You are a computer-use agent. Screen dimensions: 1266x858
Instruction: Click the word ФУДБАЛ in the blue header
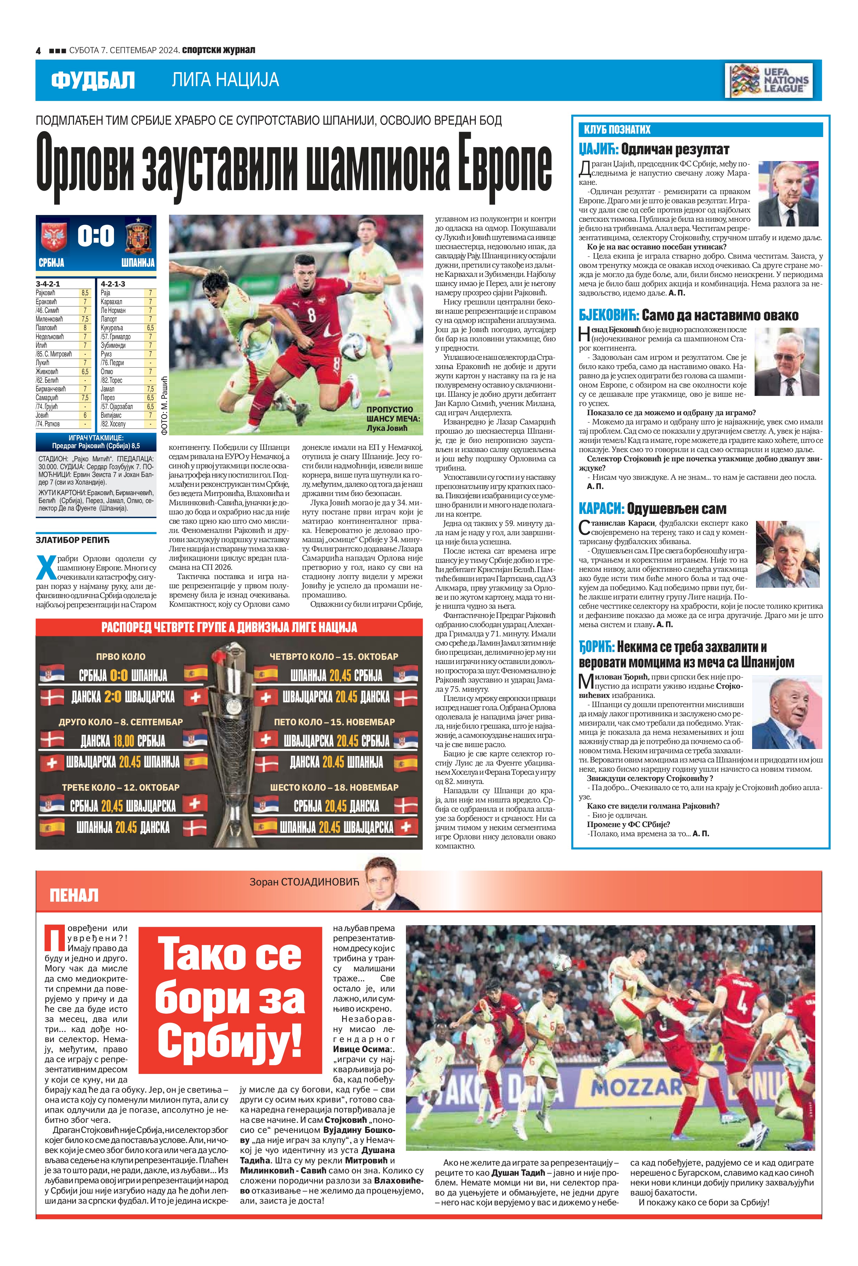tap(92, 81)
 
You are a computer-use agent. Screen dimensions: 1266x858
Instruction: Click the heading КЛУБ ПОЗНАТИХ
tap(617, 130)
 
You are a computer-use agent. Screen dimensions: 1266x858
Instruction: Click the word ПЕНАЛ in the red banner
tap(74, 895)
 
